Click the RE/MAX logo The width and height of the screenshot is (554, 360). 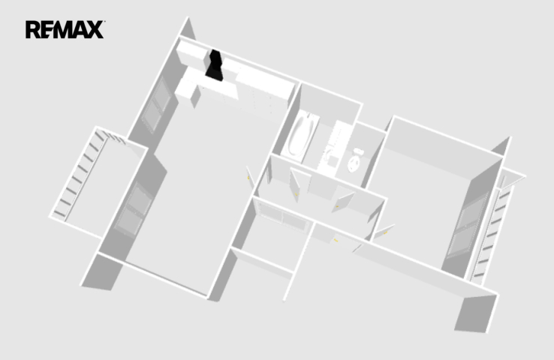tap(65, 29)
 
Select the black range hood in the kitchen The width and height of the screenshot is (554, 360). tap(215, 66)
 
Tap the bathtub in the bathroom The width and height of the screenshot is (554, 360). tap(301, 135)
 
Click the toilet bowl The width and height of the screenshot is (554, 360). tap(354, 163)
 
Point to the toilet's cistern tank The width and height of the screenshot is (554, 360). tap(359, 152)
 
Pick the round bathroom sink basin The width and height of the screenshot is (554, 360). tap(330, 154)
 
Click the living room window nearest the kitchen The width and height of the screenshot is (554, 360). tap(158, 105)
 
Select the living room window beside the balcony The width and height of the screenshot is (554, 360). tap(134, 209)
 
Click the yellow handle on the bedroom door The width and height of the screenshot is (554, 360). tap(386, 232)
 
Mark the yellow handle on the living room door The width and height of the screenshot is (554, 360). tap(248, 178)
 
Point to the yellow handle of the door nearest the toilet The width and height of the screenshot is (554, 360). tap(337, 206)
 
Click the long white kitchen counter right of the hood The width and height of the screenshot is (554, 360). tap(265, 85)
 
